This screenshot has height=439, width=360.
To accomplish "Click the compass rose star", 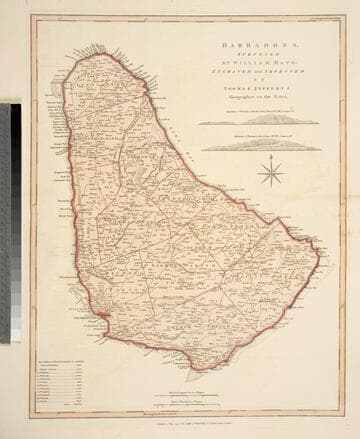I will (270, 173).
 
